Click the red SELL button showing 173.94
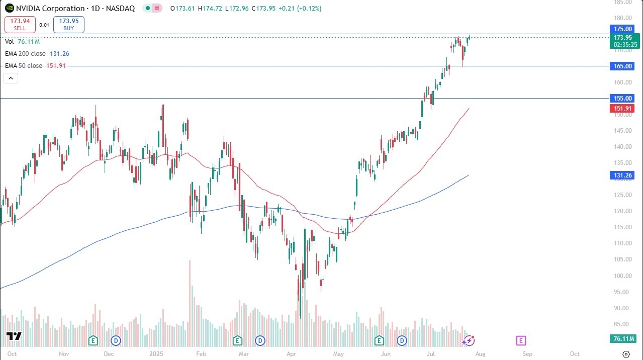point(20,24)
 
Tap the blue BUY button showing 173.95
point(68,24)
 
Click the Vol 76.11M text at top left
point(23,42)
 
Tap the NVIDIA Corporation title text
point(50,9)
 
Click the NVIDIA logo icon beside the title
point(10,9)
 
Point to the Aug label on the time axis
point(481,354)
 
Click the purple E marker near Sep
point(521,341)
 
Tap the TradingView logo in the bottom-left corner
point(14,336)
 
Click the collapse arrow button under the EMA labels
point(11,78)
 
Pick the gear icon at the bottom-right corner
point(626,354)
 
